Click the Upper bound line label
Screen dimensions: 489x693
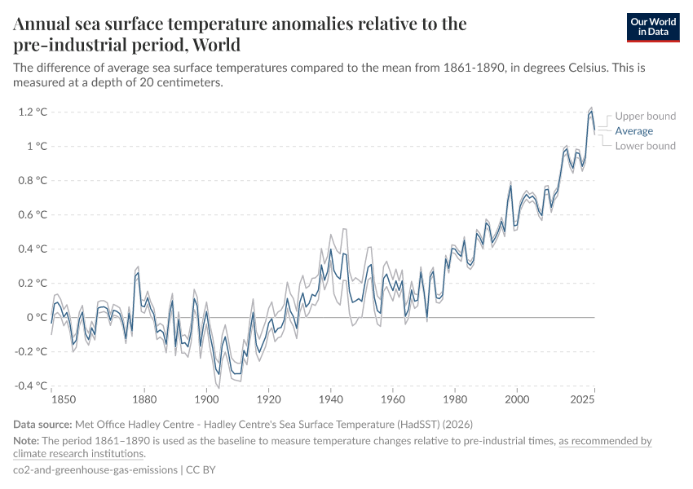tap(645, 116)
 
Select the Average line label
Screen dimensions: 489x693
tap(633, 130)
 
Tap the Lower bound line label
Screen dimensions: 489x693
tap(645, 146)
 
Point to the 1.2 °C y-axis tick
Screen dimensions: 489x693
tap(32, 112)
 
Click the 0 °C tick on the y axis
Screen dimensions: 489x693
tap(36, 317)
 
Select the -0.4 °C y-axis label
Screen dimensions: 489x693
tap(30, 385)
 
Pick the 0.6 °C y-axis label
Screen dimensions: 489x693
tap(32, 214)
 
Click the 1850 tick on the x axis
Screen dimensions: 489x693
tap(52, 400)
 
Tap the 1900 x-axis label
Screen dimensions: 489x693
tap(207, 400)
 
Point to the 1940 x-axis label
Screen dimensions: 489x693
tap(331, 400)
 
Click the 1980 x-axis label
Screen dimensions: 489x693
tap(455, 400)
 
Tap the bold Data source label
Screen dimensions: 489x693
tap(42, 425)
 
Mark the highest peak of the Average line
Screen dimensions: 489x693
tap(591, 112)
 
